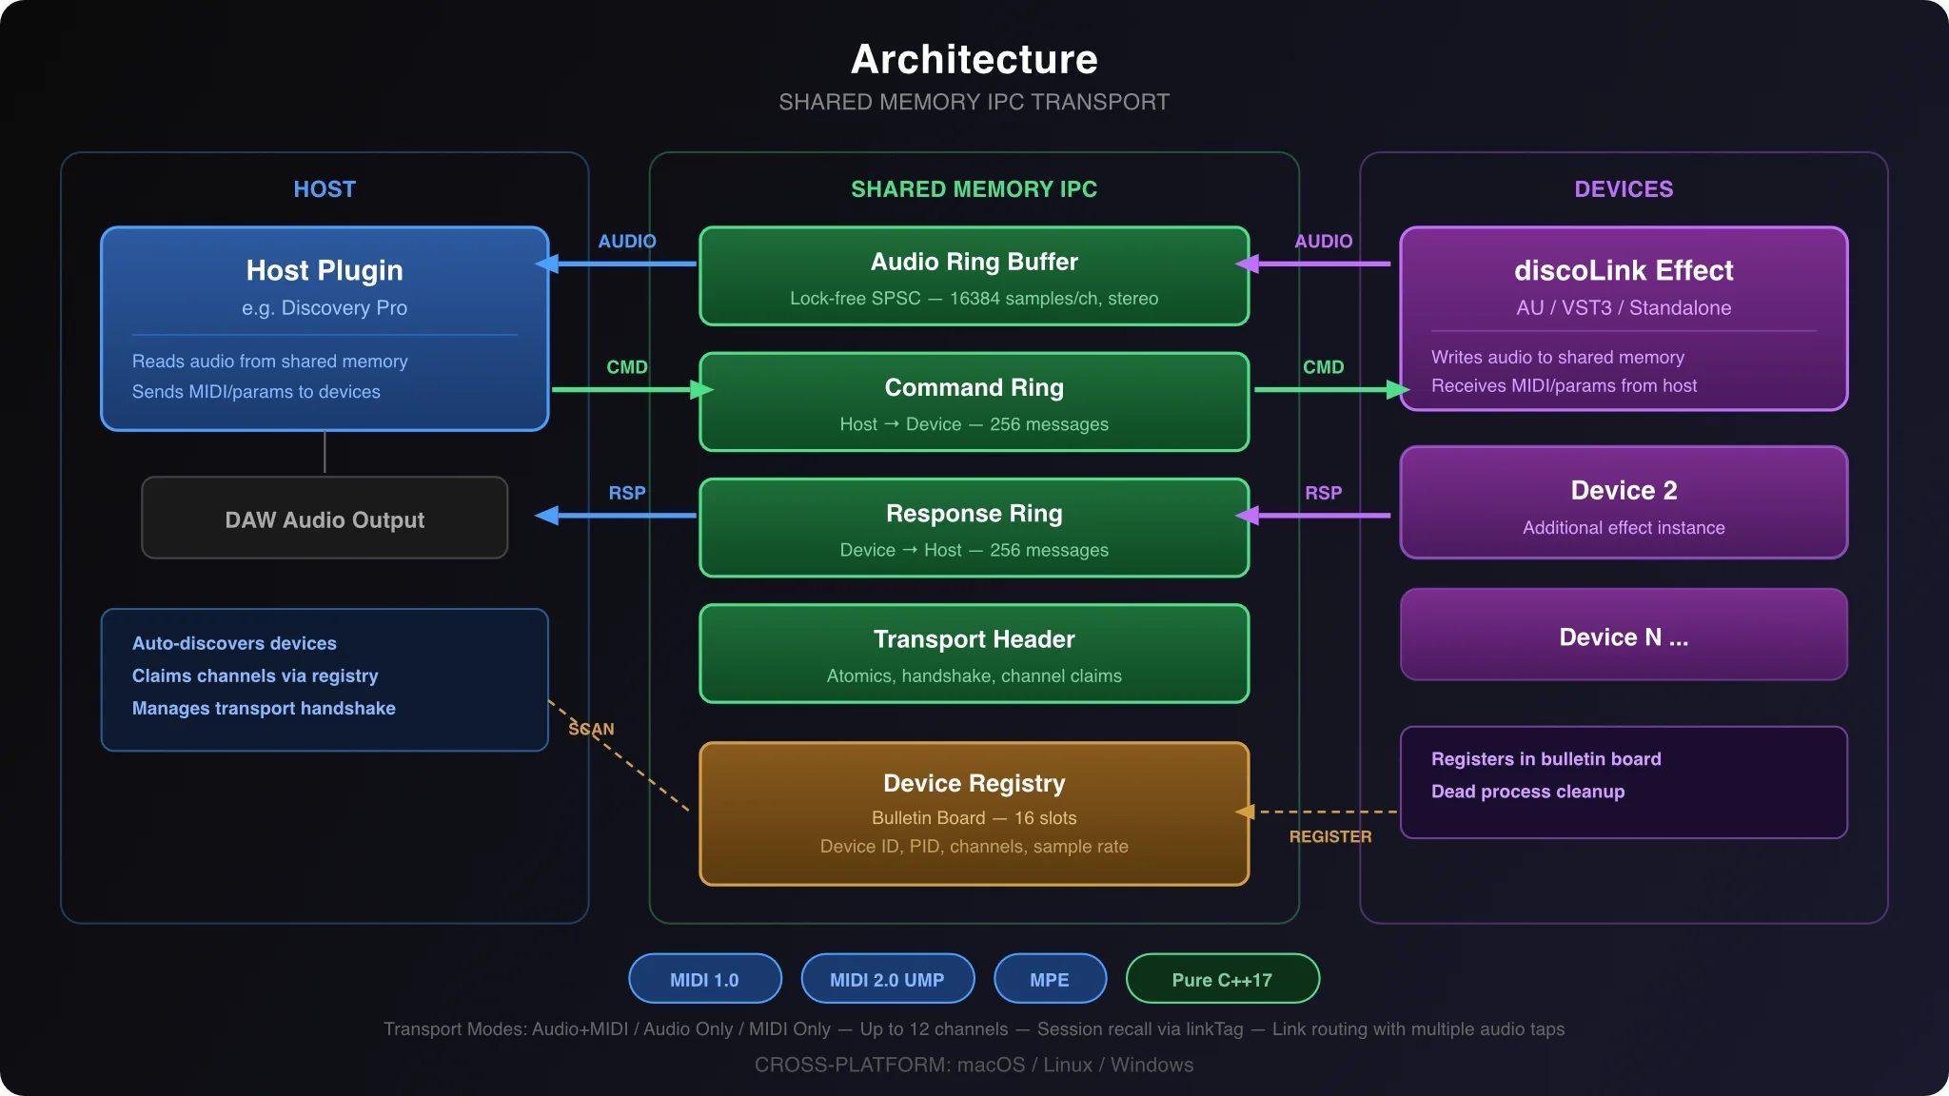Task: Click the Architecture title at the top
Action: [x=974, y=59]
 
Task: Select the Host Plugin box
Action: [x=325, y=328]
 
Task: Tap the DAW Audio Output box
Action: [x=325, y=519]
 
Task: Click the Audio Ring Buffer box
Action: [x=974, y=276]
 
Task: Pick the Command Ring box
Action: [x=974, y=401]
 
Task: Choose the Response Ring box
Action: [x=974, y=528]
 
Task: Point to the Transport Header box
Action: [x=974, y=655]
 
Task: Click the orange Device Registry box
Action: [x=974, y=813]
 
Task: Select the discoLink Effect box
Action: [x=1624, y=319]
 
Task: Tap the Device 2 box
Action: [x=1624, y=502]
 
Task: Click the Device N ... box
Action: [x=1624, y=636]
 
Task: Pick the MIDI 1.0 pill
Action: [x=704, y=979]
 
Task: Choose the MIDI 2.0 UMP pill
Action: [x=887, y=979]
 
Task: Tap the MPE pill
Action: [x=1050, y=979]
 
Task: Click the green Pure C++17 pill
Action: [x=1222, y=979]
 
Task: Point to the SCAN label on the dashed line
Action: [x=591, y=729]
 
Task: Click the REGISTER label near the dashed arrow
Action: [x=1330, y=836]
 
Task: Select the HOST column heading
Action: [x=325, y=189]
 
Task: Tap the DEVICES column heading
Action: [x=1624, y=189]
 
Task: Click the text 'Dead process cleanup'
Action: [x=1527, y=792]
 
